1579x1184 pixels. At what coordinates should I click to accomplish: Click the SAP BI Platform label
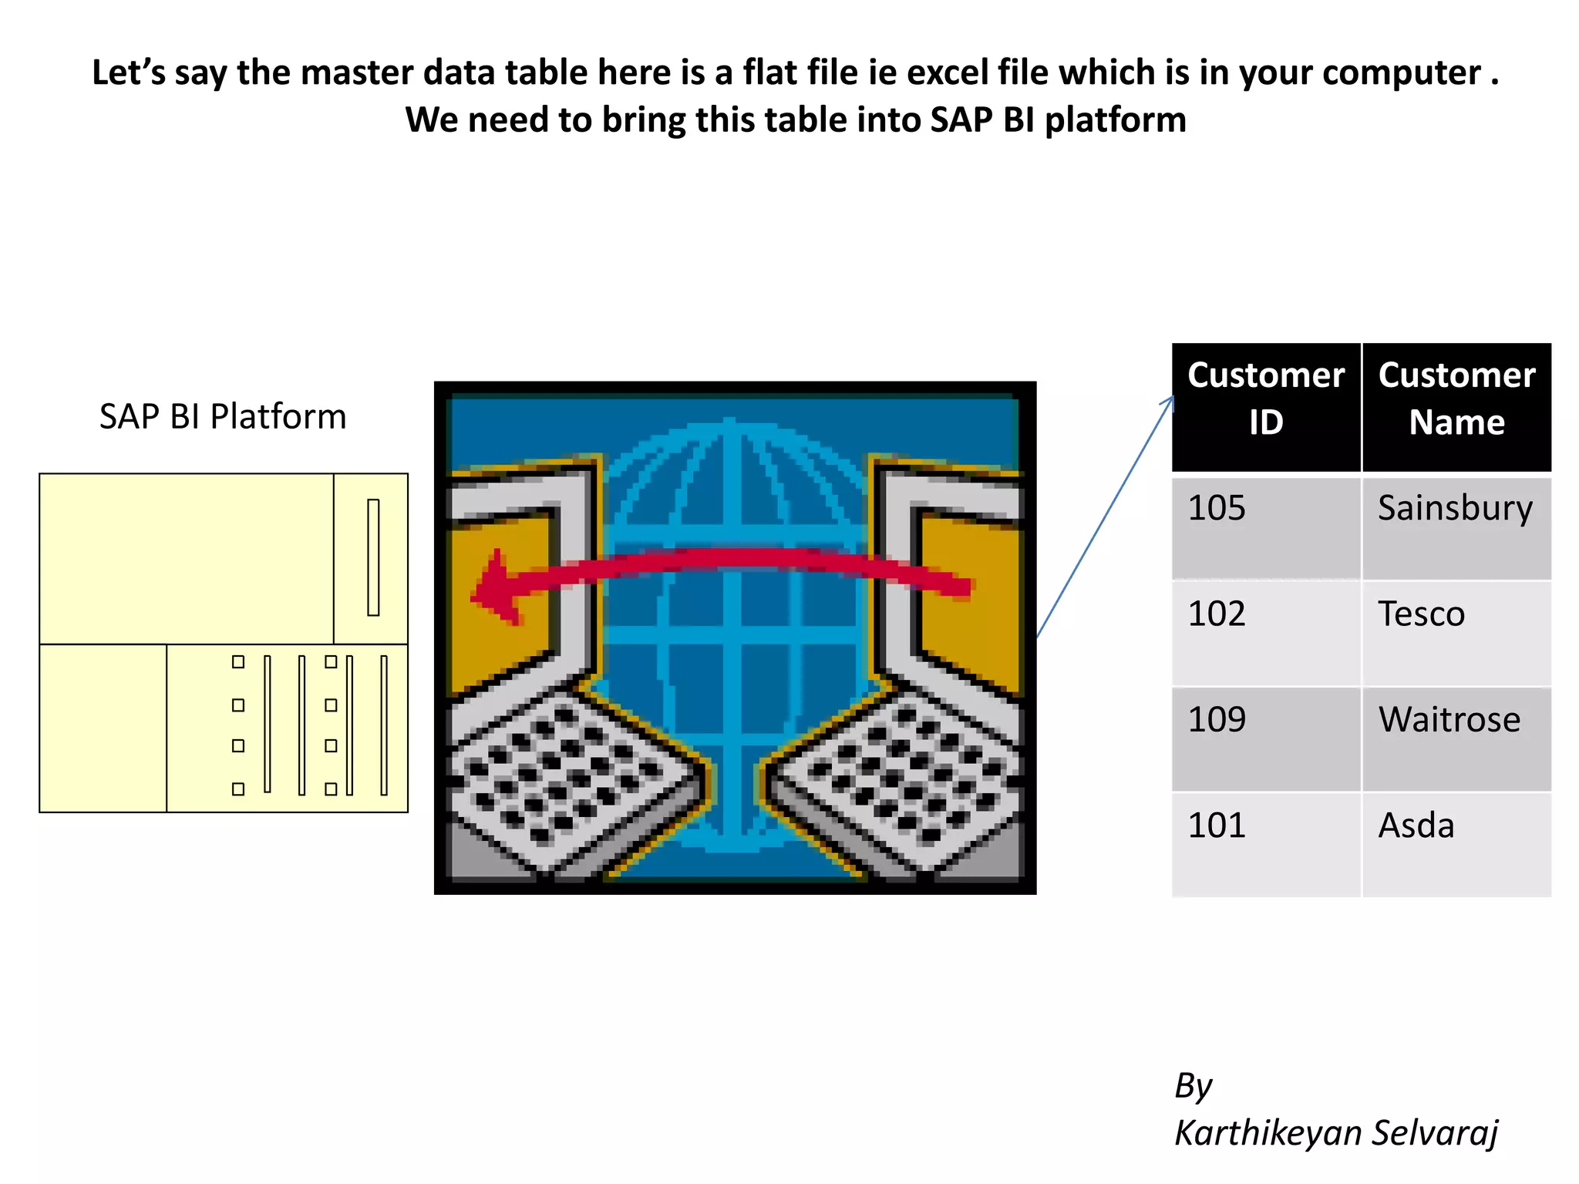tap(223, 417)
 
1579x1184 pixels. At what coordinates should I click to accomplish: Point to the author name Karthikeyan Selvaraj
tap(1335, 1133)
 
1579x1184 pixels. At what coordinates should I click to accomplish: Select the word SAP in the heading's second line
tap(961, 120)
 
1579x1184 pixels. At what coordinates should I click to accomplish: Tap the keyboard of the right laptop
tap(902, 779)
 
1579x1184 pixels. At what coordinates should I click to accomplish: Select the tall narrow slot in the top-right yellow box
tap(373, 557)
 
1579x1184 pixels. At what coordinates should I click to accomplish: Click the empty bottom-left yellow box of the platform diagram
tap(103, 728)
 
